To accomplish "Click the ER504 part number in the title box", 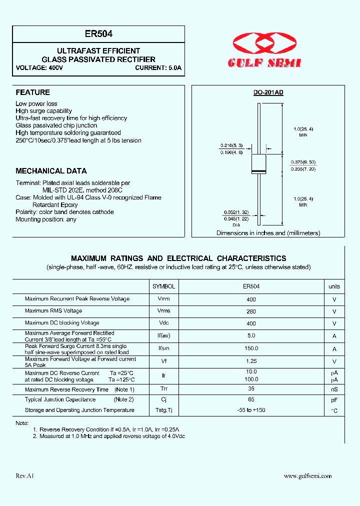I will pyautogui.click(x=98, y=34).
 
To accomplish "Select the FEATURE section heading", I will pyautogui.click(x=33, y=92).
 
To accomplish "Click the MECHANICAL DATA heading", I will pyautogui.click(x=51, y=171).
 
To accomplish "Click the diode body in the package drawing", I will pyautogui.click(x=258, y=164).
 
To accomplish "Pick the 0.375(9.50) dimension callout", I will pyautogui.click(x=303, y=162).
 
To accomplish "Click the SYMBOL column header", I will pyautogui.click(x=163, y=286).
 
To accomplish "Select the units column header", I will pyautogui.click(x=334, y=286).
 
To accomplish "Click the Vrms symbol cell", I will pyautogui.click(x=163, y=311).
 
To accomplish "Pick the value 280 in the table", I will pyautogui.click(x=251, y=311).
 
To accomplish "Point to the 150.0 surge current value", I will pyautogui.click(x=251, y=348).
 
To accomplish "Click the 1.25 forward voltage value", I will pyautogui.click(x=251, y=361).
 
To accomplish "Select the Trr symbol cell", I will pyautogui.click(x=163, y=389).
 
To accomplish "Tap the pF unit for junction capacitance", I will pyautogui.click(x=334, y=400).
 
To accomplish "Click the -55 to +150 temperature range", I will pyautogui.click(x=251, y=410).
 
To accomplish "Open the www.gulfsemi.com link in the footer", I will pyautogui.click(x=307, y=476).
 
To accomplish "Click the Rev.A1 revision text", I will pyautogui.click(x=25, y=476).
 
